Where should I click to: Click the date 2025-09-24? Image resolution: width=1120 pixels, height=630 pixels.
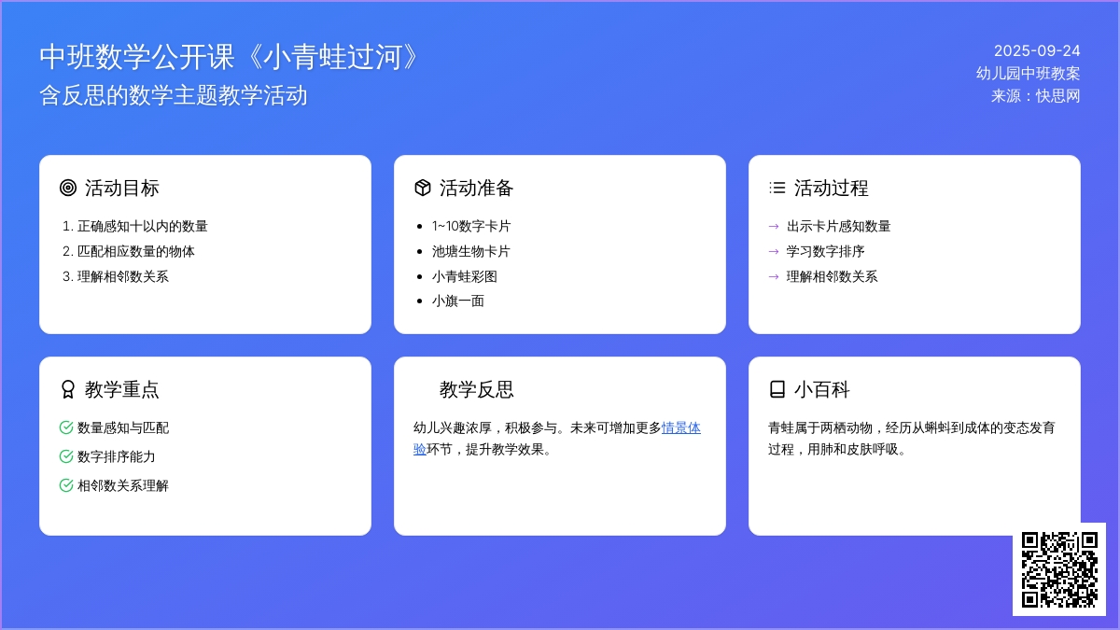click(x=1037, y=50)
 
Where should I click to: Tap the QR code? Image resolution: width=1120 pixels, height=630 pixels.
click(x=1059, y=569)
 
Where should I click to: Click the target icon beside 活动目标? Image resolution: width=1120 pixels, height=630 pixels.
click(x=68, y=188)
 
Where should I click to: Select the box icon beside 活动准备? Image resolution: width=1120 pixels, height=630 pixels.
click(x=423, y=188)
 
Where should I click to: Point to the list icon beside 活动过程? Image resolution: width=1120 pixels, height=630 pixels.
click(x=777, y=188)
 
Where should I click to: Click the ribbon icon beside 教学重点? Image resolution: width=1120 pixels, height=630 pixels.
click(x=67, y=389)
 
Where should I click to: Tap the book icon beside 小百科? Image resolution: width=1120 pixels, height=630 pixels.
click(x=777, y=389)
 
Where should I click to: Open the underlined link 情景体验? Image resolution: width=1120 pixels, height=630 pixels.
click(x=681, y=428)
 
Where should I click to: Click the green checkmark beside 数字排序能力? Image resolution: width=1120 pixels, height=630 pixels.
click(x=66, y=456)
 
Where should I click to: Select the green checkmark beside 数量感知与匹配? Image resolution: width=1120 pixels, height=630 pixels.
click(x=66, y=427)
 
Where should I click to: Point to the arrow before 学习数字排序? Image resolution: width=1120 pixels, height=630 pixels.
click(x=774, y=251)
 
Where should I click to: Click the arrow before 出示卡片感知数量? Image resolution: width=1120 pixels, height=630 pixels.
click(x=774, y=227)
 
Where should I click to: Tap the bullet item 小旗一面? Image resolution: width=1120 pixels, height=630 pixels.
click(x=458, y=301)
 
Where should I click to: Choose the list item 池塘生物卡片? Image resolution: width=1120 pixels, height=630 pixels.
click(x=471, y=251)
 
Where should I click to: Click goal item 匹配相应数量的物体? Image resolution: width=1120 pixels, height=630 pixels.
click(x=135, y=251)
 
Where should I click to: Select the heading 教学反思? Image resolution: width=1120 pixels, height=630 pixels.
click(x=477, y=389)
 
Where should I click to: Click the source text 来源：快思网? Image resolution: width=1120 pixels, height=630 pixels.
click(x=1035, y=96)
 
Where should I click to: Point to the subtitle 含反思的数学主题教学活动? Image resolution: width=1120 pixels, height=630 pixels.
click(x=173, y=95)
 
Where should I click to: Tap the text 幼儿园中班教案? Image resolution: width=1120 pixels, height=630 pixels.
click(x=1028, y=74)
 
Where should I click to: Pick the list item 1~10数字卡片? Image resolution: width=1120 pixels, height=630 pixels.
click(x=471, y=227)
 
